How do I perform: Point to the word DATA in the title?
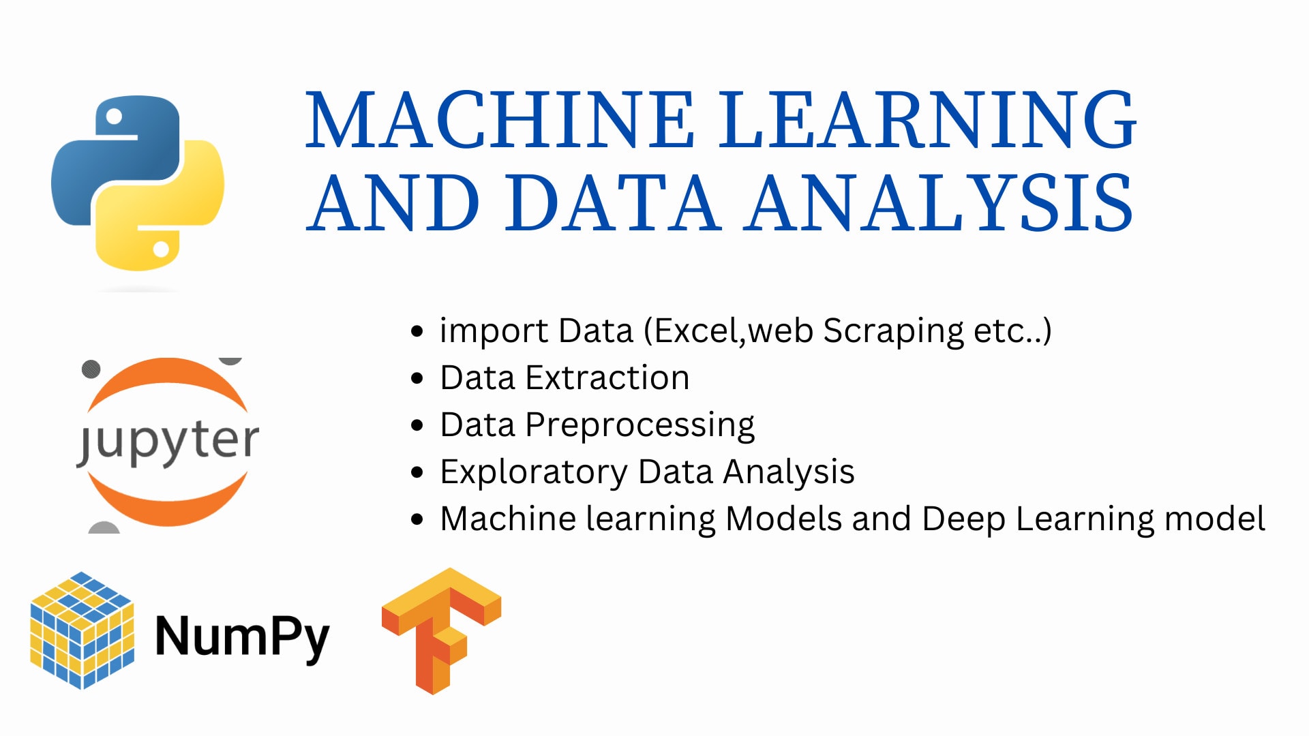(x=613, y=202)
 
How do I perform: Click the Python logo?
(x=138, y=183)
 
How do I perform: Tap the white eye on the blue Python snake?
(x=114, y=117)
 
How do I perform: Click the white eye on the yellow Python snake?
(x=161, y=249)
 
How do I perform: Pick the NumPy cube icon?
(x=82, y=630)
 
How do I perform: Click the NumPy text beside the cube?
(x=242, y=637)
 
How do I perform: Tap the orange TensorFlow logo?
(x=442, y=630)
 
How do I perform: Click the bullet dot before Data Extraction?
(x=417, y=378)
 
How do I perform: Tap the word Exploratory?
(x=534, y=473)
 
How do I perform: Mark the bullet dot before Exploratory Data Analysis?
(x=417, y=472)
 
